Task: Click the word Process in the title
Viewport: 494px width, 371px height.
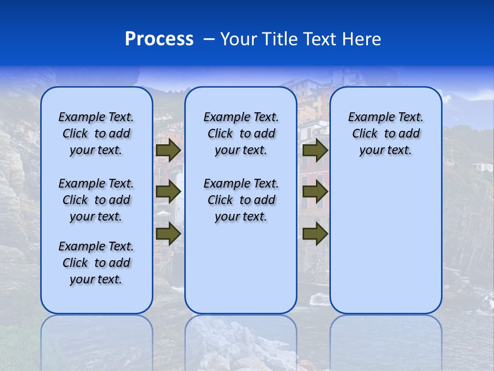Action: coord(159,39)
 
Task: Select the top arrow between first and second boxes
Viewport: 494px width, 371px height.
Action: coord(168,150)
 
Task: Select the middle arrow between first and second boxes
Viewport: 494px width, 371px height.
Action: coord(168,192)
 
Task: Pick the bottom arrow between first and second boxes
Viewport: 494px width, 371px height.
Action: coord(168,233)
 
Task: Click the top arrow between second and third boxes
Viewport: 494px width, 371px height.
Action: coord(315,150)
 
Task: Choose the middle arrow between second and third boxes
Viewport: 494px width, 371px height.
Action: coord(315,192)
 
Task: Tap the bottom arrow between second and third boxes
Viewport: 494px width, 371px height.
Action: coord(315,233)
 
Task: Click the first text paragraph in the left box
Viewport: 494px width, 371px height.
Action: coord(96,133)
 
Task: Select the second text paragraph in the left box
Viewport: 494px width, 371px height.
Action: coord(96,200)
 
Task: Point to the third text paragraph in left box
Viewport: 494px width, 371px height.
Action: coord(96,263)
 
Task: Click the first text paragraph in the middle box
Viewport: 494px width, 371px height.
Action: coord(241,133)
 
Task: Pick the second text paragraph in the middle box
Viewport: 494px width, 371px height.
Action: coord(241,200)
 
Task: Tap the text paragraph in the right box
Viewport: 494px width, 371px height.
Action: coord(385,133)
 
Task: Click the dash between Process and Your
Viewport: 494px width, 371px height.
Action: coord(208,39)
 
